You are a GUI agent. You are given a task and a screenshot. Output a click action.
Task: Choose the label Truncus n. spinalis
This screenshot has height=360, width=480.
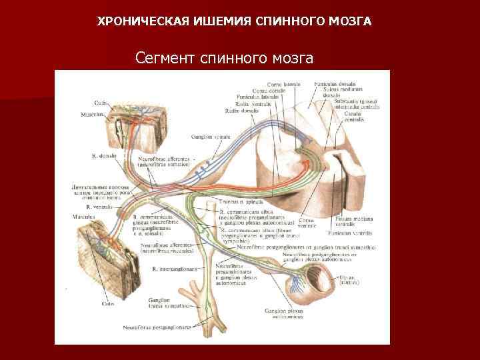coord(237,201)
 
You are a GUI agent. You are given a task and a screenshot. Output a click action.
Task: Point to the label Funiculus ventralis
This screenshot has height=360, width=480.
coord(351,234)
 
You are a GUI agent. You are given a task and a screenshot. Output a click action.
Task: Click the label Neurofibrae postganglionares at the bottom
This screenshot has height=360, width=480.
coord(157,327)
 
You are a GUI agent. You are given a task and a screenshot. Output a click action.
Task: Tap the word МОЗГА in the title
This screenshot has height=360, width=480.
coord(352,21)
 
